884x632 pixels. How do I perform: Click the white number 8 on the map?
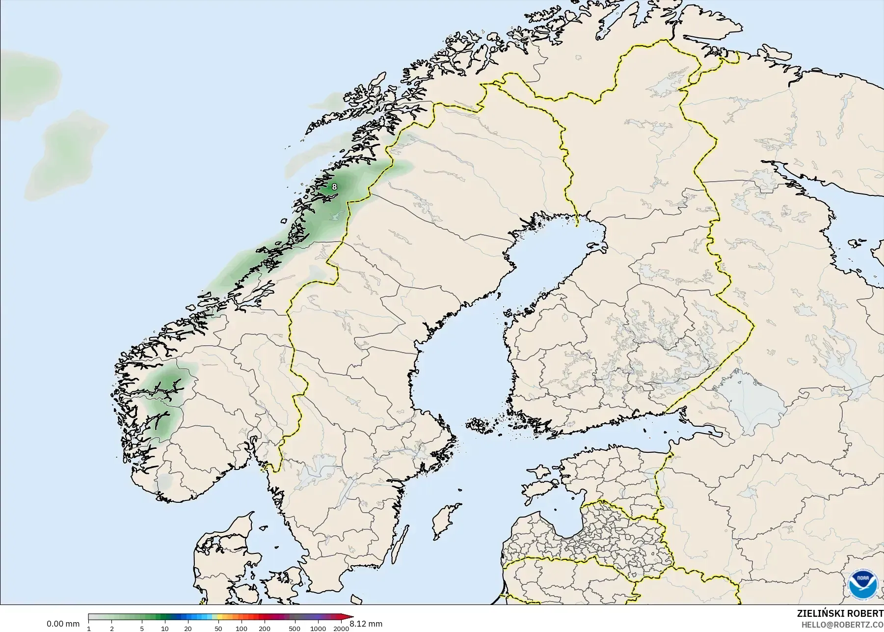pos(334,187)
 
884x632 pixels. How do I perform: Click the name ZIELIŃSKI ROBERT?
pos(840,613)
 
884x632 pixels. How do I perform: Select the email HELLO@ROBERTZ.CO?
pos(842,625)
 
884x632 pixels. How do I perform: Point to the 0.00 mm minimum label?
pos(63,624)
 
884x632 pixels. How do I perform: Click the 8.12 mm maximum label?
pos(366,624)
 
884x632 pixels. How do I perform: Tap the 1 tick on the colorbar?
pos(89,629)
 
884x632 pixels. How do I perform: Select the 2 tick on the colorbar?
pos(112,629)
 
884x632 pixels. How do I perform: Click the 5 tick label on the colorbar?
pos(142,629)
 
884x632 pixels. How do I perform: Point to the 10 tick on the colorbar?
pos(165,629)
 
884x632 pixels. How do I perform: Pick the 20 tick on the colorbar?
pos(188,629)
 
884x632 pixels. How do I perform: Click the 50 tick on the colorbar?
pos(218,629)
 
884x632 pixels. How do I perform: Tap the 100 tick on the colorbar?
pos(241,629)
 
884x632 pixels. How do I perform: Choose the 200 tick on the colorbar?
pos(264,629)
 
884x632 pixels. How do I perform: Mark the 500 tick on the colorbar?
pos(295,629)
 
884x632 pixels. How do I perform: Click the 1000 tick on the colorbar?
pos(318,629)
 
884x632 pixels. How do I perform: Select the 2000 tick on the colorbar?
pos(341,629)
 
